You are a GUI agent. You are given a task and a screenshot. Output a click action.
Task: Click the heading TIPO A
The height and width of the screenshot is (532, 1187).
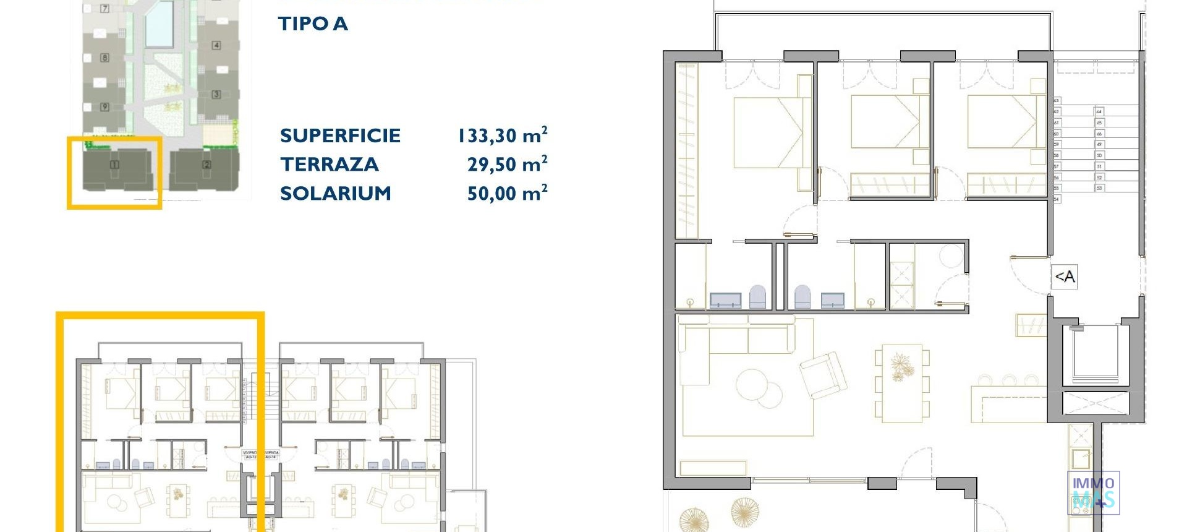pos(313,24)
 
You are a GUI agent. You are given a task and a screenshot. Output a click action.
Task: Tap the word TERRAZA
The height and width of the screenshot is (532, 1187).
pos(329,165)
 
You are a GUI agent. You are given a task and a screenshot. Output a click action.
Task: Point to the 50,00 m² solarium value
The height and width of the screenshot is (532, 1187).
pos(507,194)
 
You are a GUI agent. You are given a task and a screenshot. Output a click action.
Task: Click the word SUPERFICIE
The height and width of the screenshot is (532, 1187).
pos(340,135)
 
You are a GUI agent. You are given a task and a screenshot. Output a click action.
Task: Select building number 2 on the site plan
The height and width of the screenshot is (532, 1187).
pos(206,165)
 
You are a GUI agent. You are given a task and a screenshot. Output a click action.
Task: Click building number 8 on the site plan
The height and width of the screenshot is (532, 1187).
pos(104,58)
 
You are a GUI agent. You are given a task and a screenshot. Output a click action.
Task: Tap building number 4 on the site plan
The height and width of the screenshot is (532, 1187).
pos(216,45)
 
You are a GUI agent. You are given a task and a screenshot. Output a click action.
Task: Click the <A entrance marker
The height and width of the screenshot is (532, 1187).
pos(1065,277)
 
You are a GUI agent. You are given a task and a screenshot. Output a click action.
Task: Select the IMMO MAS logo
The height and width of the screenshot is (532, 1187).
pos(1093,492)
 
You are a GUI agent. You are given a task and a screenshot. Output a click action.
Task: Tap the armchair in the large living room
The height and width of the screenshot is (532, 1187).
pos(823,375)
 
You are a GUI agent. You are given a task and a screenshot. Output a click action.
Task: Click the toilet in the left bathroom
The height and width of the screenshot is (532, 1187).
pos(757,297)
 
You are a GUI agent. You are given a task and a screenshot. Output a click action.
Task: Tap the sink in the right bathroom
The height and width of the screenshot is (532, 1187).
pos(832,301)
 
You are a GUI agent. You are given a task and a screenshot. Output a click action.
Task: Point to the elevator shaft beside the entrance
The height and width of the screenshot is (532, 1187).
pos(1094,353)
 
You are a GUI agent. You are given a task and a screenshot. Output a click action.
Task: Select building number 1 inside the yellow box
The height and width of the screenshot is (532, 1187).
pos(114,165)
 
